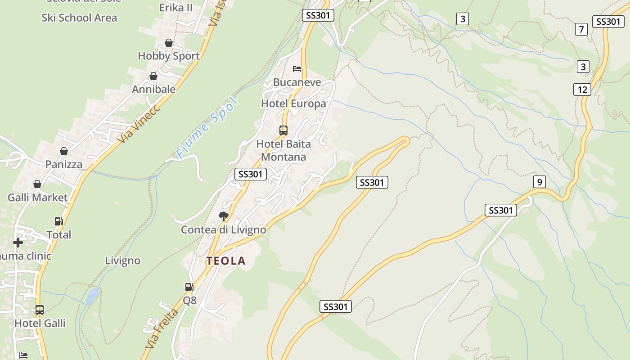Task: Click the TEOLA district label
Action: pos(226,261)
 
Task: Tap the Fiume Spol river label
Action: pos(207,127)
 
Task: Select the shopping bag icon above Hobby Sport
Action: pos(169,43)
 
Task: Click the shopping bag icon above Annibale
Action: pos(153,76)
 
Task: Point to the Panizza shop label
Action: pos(64,164)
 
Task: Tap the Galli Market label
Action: pos(38,197)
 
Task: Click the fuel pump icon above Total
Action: pos(58,221)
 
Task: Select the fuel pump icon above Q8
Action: pos(189,287)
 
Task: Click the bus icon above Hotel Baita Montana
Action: pos(283,130)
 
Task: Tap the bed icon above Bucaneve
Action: pos(297,69)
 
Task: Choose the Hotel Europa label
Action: pos(293,103)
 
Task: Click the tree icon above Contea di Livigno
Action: pos(223,216)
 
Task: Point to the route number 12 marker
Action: pos(582,90)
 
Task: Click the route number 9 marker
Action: pos(539,182)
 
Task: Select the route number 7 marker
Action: pos(581,30)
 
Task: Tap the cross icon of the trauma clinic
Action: pos(18,243)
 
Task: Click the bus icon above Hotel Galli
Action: pos(40,310)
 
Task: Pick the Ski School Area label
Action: pos(79,18)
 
